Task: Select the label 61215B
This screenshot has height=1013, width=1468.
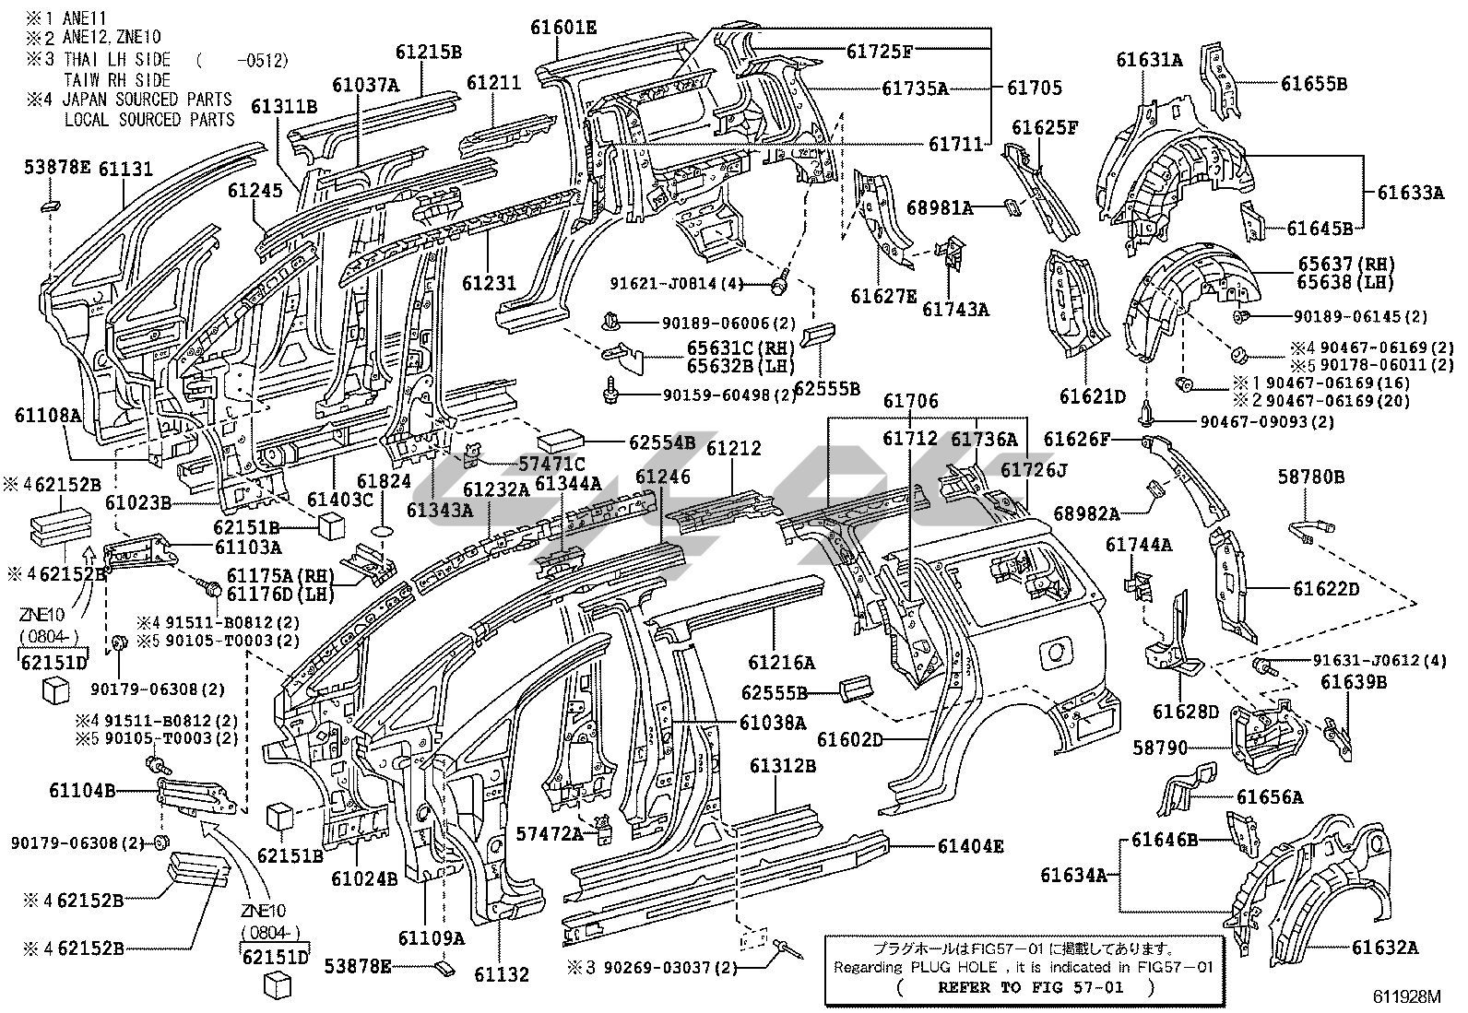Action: (x=430, y=52)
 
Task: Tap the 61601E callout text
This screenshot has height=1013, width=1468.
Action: (x=563, y=28)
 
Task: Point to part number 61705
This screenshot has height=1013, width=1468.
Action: (x=1035, y=88)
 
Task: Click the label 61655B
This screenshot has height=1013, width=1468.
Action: (x=1314, y=83)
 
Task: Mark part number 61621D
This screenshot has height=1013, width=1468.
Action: (x=1093, y=396)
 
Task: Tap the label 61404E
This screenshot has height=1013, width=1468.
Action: (x=972, y=845)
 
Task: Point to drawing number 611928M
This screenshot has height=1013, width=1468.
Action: (x=1406, y=996)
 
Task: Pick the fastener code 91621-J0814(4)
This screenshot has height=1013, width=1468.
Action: (x=677, y=283)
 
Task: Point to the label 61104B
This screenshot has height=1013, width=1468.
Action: (x=83, y=791)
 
